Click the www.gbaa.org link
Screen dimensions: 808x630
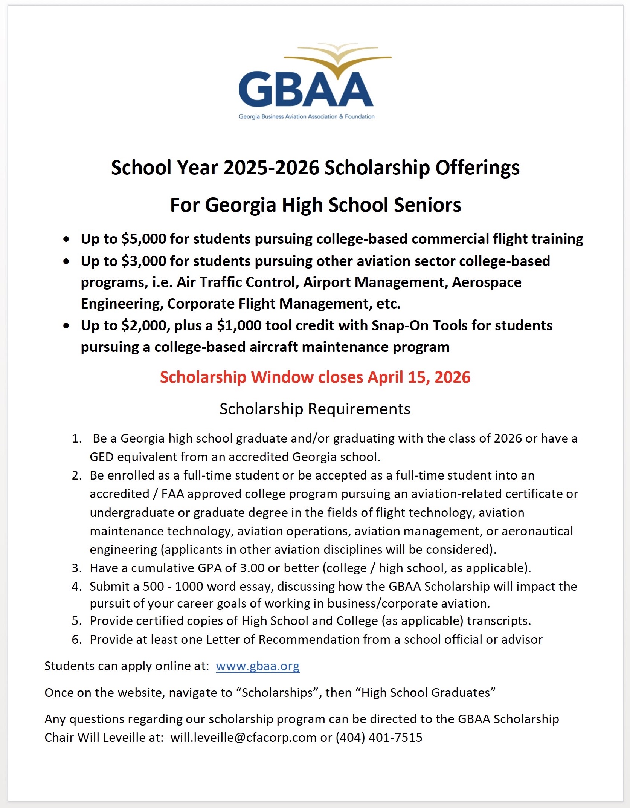(258, 666)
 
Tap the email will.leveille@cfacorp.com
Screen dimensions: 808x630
(243, 737)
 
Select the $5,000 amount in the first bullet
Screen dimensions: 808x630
(143, 239)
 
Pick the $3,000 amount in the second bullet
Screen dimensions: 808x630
(143, 261)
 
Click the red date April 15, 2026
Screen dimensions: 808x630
(419, 377)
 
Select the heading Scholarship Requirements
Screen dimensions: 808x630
(315, 409)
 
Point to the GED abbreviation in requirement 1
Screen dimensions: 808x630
(101, 457)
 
